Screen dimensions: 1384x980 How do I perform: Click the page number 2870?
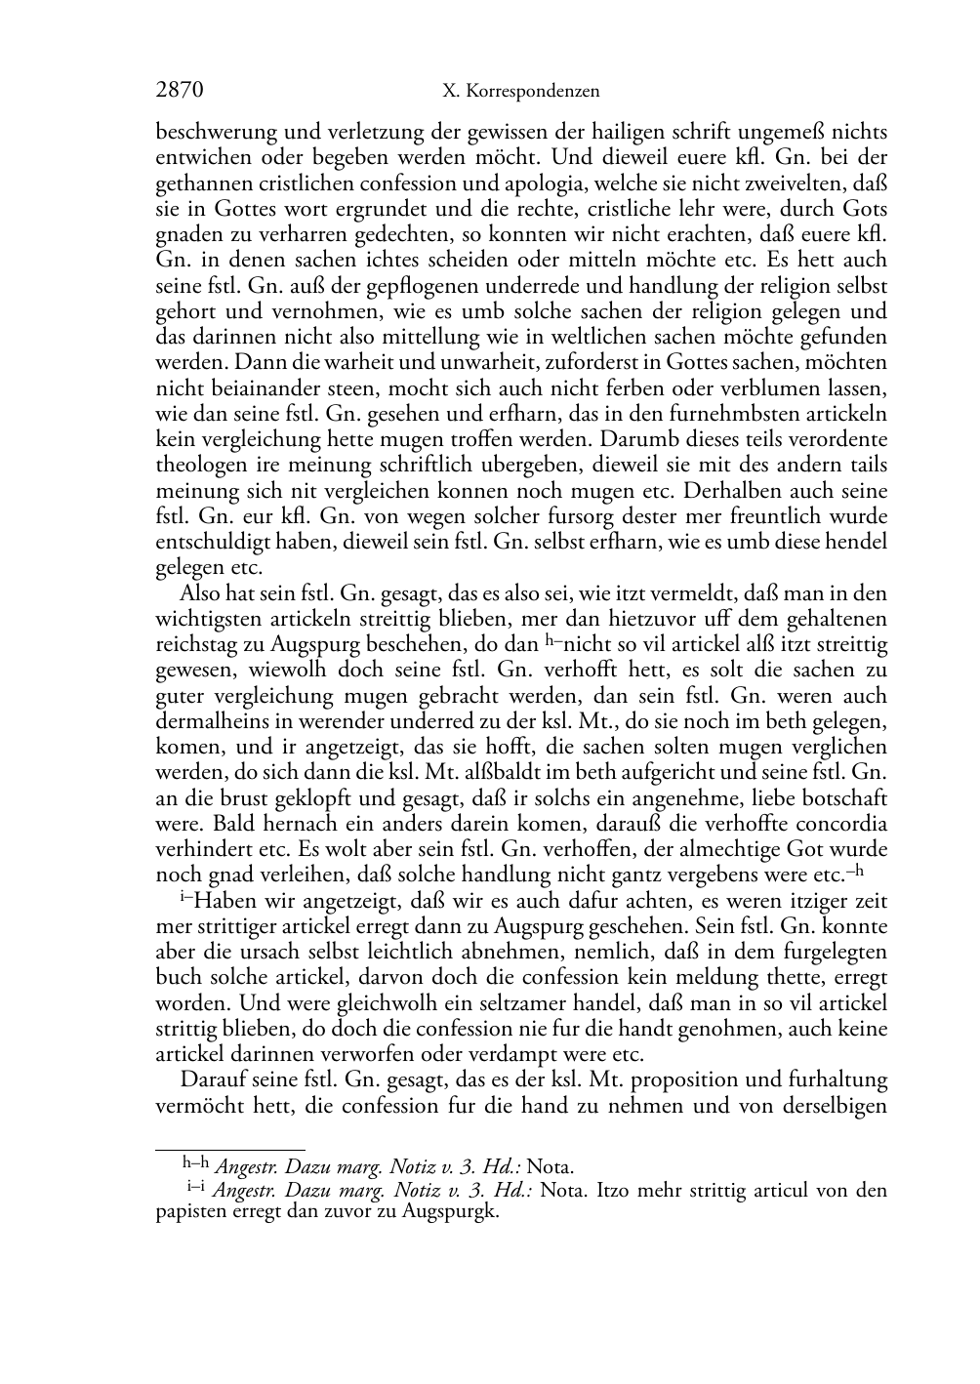coord(180,92)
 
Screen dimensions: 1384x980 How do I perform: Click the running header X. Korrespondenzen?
coord(520,93)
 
